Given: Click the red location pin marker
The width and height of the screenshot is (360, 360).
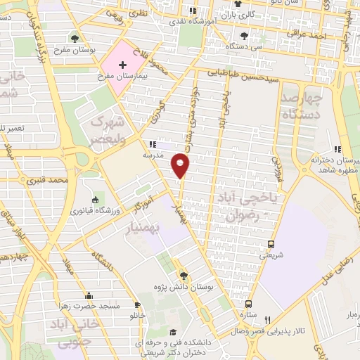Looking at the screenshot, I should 181,165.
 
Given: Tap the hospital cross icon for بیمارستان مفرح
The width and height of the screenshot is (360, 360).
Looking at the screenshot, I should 123,65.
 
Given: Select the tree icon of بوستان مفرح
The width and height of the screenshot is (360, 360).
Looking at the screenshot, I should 75,38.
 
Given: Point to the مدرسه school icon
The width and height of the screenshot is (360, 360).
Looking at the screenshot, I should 153,143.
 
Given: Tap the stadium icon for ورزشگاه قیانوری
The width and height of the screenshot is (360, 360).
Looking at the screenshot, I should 96,201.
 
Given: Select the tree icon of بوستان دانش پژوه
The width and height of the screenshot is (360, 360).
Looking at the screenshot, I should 184,275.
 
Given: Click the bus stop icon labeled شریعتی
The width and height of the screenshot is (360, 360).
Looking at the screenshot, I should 271,245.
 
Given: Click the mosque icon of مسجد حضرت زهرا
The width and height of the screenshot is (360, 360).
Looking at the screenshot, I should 88,295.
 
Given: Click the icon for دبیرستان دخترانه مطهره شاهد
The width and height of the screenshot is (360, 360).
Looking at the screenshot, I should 337,149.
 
